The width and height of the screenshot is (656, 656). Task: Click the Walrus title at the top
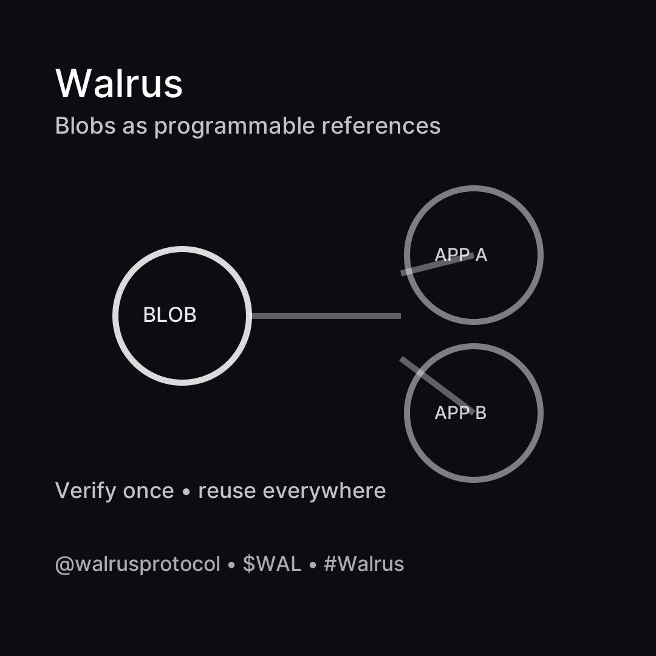pos(119,83)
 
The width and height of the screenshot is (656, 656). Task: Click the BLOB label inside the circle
pos(169,315)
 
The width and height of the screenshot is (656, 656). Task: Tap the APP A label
pos(461,255)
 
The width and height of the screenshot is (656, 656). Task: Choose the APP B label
pos(460,413)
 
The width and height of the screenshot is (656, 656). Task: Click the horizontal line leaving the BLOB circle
pos(326,316)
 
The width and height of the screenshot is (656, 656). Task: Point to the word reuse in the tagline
pos(227,491)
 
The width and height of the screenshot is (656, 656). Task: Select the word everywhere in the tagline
pos(324,491)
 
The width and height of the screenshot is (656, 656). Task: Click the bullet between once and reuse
pos(186,491)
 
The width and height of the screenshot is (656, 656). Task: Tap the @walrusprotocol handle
pos(137,564)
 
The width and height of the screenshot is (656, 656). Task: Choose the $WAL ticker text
pos(272,564)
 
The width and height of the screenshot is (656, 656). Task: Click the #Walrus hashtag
pos(364,564)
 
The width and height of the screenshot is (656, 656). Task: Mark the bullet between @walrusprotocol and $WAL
pos(231,565)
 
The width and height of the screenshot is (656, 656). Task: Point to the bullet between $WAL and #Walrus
pos(313,565)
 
